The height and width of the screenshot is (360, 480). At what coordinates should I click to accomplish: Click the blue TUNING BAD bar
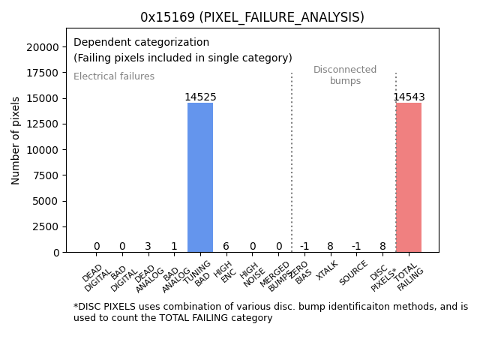coord(200,178)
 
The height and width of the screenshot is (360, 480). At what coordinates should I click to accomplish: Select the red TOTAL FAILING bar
coord(409,178)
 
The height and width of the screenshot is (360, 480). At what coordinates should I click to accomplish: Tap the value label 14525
coord(200,97)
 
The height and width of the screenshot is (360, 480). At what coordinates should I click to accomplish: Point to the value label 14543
coord(409,97)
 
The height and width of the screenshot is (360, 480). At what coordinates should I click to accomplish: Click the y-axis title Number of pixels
coord(16,140)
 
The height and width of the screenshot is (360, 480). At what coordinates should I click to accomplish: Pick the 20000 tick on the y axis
coord(46,47)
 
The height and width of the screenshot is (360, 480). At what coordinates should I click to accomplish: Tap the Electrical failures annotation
coord(114,76)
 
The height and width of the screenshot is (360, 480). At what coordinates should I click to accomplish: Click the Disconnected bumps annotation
coord(345,75)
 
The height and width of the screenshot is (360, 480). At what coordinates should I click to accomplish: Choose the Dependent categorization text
coord(141,42)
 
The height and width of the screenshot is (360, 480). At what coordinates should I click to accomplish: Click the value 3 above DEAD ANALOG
coord(148,247)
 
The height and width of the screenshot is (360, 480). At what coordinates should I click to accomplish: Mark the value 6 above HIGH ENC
coord(226,247)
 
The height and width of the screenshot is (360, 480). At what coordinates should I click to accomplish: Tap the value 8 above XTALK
coord(331,247)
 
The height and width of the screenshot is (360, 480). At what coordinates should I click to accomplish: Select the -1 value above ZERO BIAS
coord(304,247)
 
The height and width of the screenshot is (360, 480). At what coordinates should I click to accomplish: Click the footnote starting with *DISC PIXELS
coord(270,312)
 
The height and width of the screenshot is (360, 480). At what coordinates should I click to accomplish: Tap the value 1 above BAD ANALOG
coord(174,247)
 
